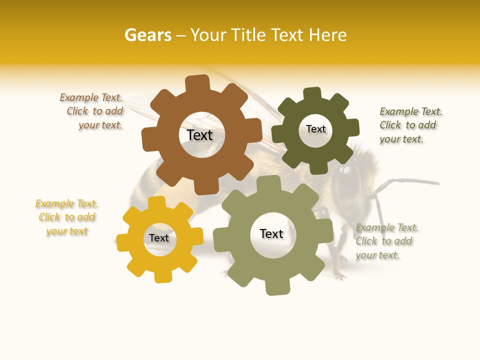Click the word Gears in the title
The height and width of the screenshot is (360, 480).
tap(147, 35)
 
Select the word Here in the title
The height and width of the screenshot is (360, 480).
tap(328, 35)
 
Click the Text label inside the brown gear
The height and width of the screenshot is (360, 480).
tap(199, 135)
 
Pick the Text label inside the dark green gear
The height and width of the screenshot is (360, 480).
tap(315, 129)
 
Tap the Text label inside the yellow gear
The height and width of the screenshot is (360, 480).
tap(159, 238)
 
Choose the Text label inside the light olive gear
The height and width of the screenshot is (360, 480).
tap(271, 233)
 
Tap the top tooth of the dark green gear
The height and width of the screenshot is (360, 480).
tap(312, 94)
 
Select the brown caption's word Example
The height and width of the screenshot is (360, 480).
tap(79, 98)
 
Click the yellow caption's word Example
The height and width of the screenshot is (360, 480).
tap(55, 203)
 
